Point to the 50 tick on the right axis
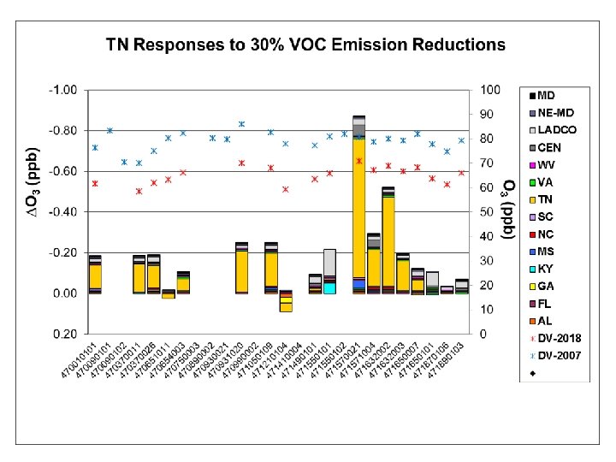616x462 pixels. pos(487,212)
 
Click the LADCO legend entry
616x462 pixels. pos(556,130)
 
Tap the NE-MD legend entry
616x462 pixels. pos(555,112)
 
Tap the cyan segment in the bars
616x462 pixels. pos(329,287)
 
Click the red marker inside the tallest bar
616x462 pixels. pos(359,161)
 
